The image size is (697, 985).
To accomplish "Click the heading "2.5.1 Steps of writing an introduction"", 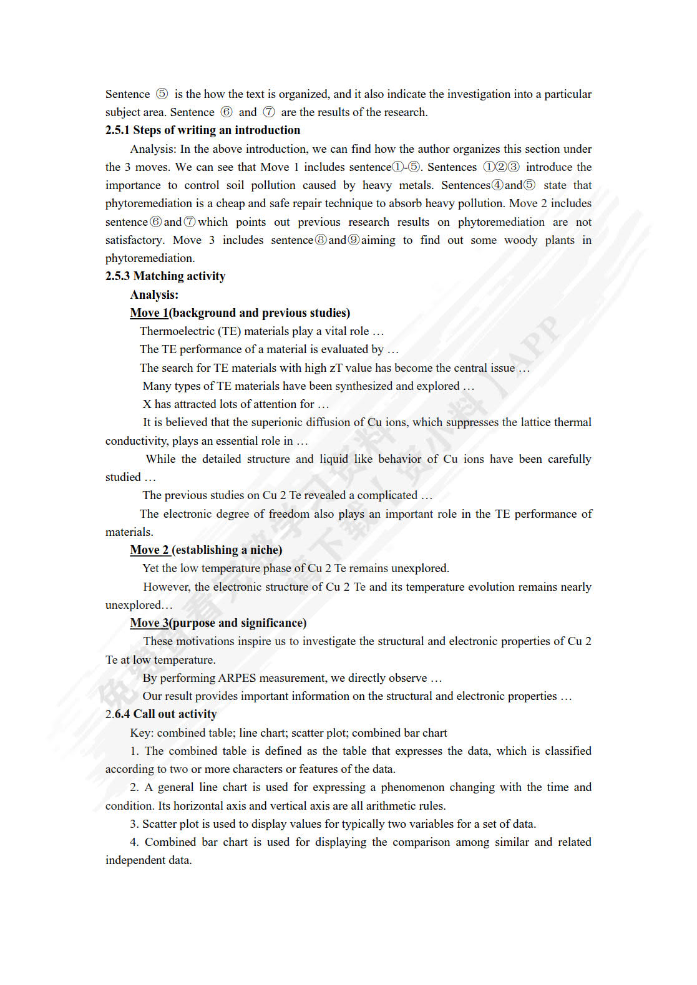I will tap(202, 130).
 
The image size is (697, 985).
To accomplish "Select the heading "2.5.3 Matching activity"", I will tap(165, 276).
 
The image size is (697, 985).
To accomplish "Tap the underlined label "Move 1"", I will tap(149, 313).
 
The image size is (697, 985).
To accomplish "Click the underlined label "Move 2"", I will tap(149, 550).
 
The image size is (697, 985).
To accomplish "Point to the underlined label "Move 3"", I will tap(149, 623).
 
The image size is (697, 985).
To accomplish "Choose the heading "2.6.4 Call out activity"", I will tap(161, 714).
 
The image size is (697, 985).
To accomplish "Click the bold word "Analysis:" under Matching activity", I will tap(154, 295).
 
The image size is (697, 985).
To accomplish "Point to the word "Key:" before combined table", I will tap(142, 733).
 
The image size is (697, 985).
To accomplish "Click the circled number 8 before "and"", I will tap(321, 240).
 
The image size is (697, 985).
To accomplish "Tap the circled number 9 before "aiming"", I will tap(354, 240).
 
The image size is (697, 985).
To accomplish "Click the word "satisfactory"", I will tap(134, 240).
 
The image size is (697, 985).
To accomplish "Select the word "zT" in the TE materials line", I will tap(336, 368).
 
